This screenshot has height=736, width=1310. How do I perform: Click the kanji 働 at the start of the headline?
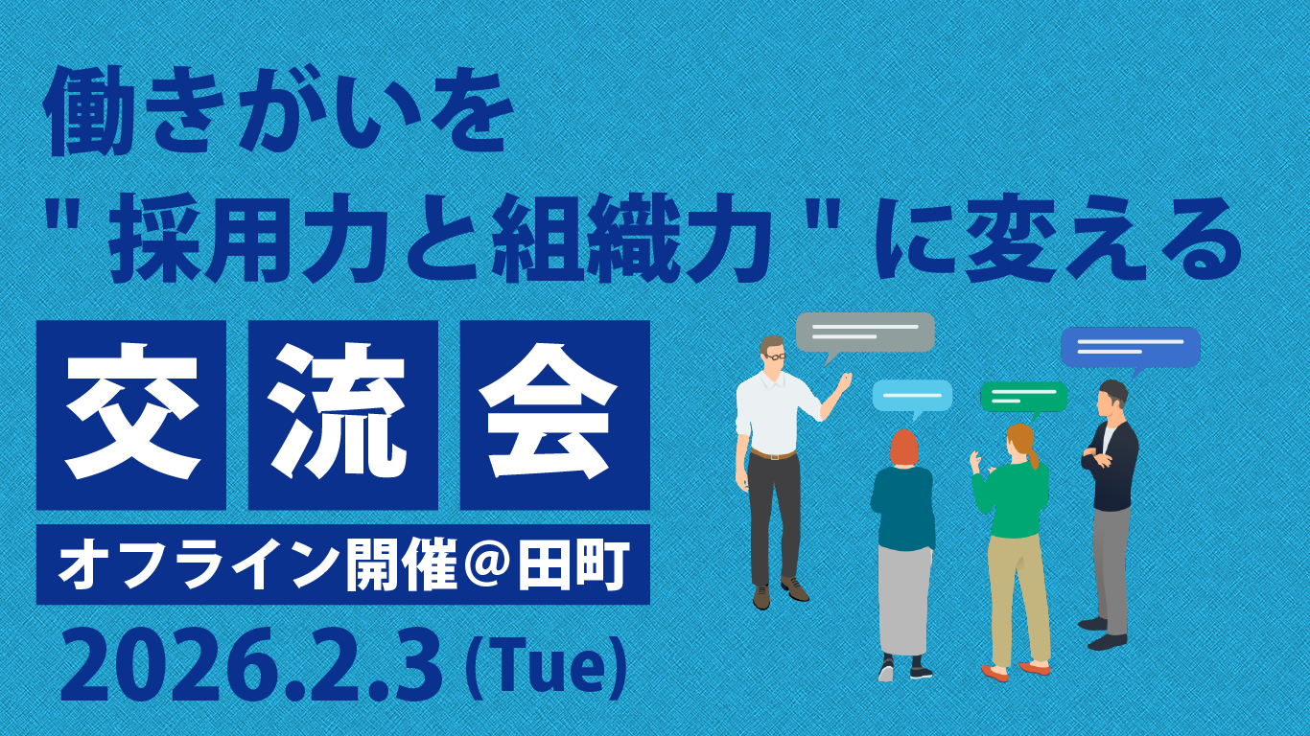coord(84,113)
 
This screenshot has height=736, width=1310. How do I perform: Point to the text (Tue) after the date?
coord(545,666)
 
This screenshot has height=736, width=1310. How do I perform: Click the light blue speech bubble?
coord(912,397)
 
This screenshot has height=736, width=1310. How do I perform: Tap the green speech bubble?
coord(1024,398)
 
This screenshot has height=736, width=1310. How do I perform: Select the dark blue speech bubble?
coord(1130,349)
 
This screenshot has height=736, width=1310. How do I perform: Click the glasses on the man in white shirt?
coord(776,356)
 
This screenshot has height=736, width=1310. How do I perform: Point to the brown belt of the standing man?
coord(773,454)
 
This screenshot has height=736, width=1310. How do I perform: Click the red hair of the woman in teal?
coord(903,448)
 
